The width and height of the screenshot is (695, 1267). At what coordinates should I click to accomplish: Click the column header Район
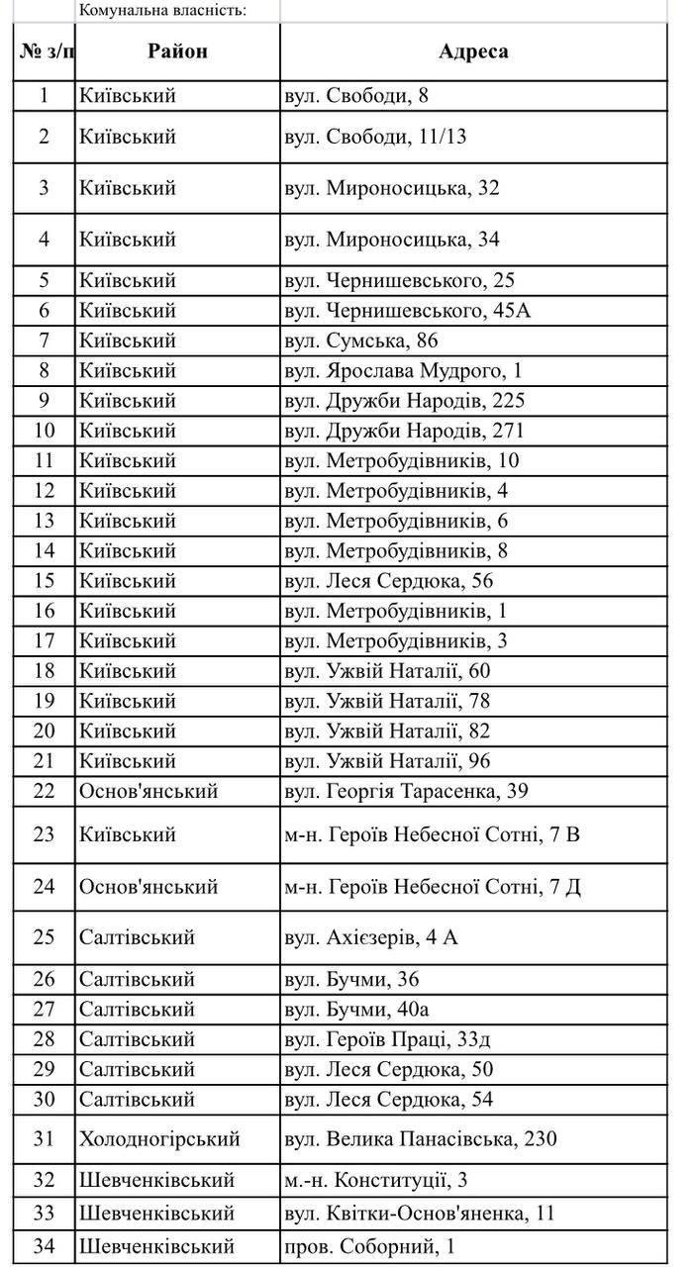pos(178,52)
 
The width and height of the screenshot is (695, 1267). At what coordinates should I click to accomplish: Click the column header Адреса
pos(473,52)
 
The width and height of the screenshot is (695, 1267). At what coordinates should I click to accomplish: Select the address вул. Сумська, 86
pos(375,341)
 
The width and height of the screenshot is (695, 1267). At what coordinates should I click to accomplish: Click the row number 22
pos(44,791)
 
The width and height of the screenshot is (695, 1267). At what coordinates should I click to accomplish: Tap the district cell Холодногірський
pos(159,1138)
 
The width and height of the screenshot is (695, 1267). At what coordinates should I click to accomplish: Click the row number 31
pos(44,1138)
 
